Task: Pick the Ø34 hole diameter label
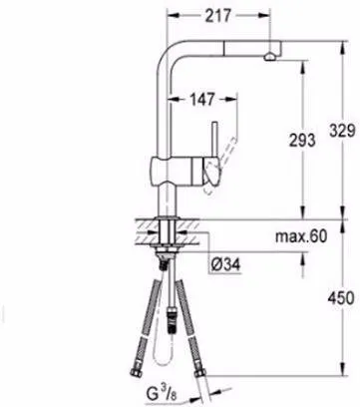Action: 225,264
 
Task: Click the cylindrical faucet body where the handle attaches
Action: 175,171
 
